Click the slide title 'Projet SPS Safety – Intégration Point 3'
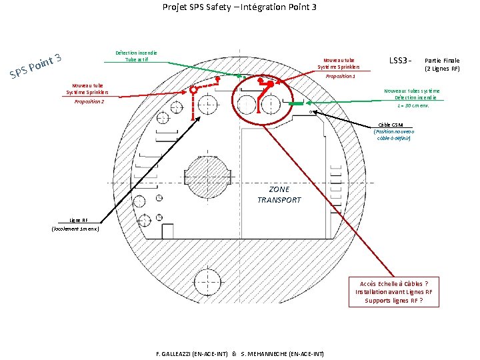[239, 7]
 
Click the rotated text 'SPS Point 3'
[36, 64]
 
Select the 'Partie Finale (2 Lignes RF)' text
[442, 64]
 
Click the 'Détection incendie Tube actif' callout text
[136, 56]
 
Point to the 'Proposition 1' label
[340, 76]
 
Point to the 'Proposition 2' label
[89, 101]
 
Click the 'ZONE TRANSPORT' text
[279, 195]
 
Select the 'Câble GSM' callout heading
[395, 125]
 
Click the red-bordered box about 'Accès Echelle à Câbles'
[393, 291]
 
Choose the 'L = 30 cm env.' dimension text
[413, 106]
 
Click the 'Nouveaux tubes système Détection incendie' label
[413, 94]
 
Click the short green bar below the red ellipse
[296, 105]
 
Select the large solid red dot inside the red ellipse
[271, 85]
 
